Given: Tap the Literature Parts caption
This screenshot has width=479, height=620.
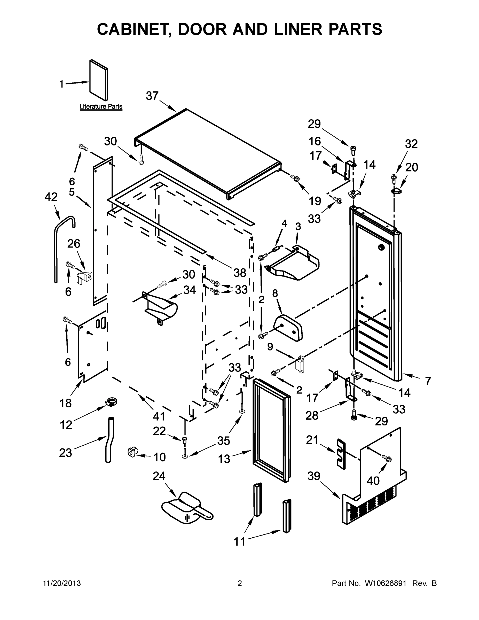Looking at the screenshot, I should pyautogui.click(x=101, y=106).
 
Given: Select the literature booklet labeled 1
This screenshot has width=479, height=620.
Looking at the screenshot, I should pyautogui.click(x=98, y=80).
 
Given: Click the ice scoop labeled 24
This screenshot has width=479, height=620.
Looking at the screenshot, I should pyautogui.click(x=186, y=510).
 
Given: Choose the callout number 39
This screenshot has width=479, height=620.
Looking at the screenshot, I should pyautogui.click(x=314, y=476).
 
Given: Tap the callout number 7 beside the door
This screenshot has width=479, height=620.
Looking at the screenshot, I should pyautogui.click(x=428, y=381).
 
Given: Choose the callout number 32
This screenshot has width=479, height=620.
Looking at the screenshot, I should pyautogui.click(x=411, y=144).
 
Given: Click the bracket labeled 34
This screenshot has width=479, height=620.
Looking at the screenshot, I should pyautogui.click(x=160, y=308).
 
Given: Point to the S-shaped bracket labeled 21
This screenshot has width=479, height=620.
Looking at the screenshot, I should pyautogui.click(x=342, y=454).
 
